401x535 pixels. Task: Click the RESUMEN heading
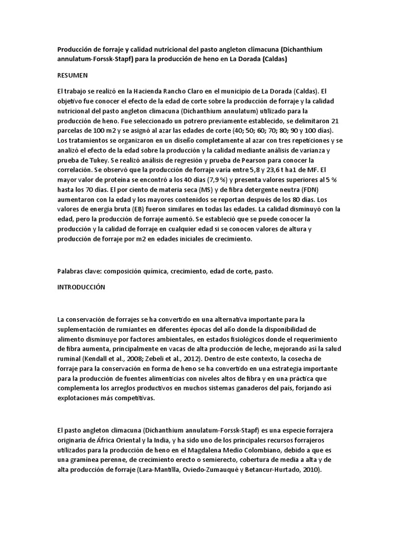pos(73,75)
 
